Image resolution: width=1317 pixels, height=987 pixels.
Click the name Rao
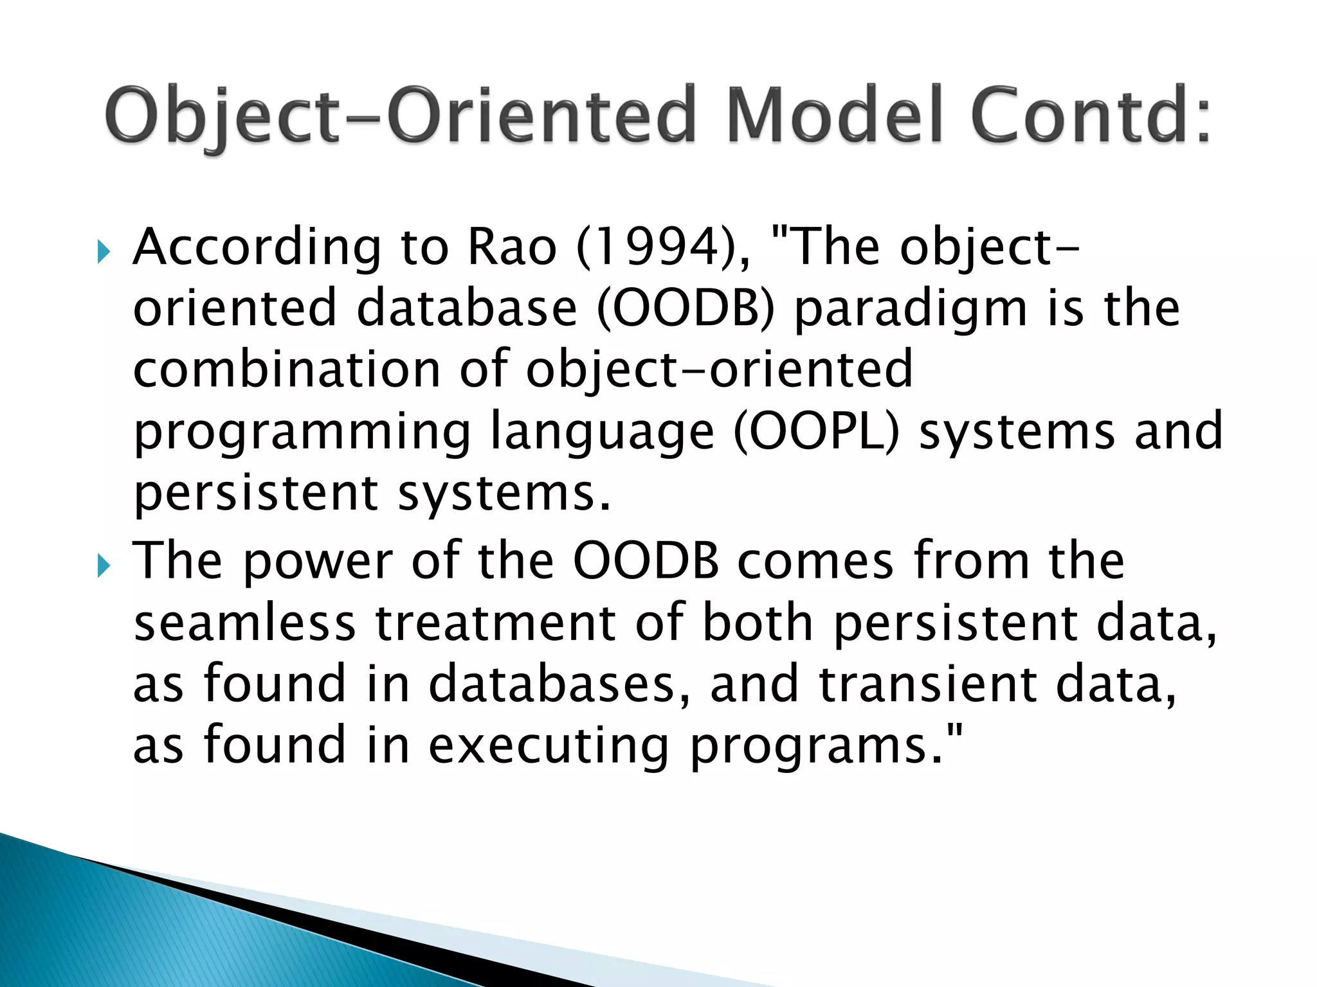511,247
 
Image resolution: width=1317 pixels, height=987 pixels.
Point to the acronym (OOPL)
817,432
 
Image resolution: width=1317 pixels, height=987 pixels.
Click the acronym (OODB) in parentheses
686,308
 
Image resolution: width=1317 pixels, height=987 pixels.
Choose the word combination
287,369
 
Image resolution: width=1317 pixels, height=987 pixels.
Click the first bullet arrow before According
104,251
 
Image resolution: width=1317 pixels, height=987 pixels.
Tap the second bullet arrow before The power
104,565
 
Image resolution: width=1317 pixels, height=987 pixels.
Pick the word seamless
244,623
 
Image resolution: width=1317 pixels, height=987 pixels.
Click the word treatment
496,623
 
